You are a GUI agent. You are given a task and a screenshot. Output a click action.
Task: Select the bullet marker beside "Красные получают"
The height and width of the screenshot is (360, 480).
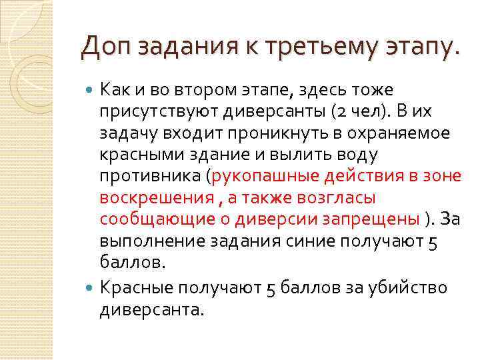point(91,288)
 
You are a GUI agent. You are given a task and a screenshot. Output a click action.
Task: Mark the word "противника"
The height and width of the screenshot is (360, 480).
point(150,177)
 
